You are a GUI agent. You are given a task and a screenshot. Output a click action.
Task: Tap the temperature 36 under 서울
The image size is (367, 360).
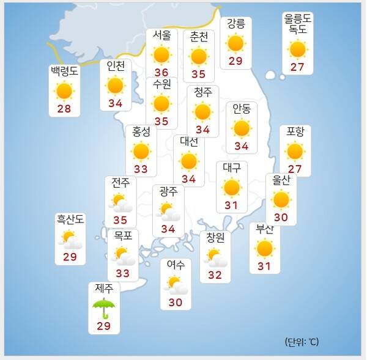click(x=161, y=72)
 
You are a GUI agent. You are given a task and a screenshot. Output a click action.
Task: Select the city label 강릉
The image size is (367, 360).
click(x=235, y=24)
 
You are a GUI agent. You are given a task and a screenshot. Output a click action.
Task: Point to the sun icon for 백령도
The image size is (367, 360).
click(x=64, y=91)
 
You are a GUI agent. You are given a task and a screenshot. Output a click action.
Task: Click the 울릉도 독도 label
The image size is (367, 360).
click(x=297, y=24)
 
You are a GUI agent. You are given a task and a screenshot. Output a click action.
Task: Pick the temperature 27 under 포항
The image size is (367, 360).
click(x=295, y=169)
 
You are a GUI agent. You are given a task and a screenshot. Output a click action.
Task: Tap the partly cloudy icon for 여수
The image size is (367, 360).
click(x=176, y=285)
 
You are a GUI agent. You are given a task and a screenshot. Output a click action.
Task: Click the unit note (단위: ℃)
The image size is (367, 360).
click(x=302, y=342)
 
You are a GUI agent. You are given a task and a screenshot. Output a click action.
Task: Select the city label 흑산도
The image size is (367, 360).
click(x=70, y=219)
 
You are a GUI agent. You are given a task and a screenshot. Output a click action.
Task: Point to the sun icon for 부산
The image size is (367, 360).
click(x=265, y=248)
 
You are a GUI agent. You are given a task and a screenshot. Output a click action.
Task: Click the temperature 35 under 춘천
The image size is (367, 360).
click(x=198, y=75)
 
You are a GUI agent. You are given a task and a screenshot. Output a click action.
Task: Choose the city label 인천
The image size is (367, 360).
click(x=116, y=65)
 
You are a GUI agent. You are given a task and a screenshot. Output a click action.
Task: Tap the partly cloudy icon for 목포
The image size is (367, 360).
click(x=123, y=254)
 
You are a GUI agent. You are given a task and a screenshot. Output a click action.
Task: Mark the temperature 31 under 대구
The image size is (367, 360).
click(x=231, y=205)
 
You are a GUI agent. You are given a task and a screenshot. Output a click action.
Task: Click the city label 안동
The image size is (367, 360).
click(x=242, y=109)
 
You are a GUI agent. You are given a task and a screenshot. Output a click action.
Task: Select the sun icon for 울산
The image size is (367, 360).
click(x=281, y=199)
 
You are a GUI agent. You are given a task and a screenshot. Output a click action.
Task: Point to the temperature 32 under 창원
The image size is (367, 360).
click(x=215, y=275)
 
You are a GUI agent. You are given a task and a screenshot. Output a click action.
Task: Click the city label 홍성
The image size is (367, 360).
click(x=141, y=131)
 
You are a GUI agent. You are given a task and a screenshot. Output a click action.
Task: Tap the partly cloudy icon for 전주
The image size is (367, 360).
click(x=120, y=202)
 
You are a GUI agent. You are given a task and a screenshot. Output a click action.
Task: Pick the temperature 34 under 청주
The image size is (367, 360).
click(x=203, y=130)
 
